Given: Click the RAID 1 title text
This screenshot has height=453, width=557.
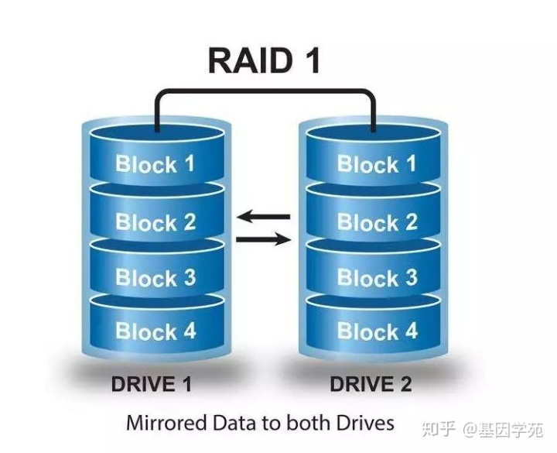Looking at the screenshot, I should [264, 60].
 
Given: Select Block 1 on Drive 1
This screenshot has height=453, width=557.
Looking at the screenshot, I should [155, 164].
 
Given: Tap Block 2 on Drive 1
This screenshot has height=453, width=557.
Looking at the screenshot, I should [155, 222].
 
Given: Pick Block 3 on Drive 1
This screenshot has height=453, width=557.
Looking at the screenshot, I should [155, 277].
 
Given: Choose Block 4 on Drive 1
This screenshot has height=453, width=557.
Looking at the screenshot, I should [155, 331].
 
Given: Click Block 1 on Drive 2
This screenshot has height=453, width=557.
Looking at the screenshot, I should [377, 164].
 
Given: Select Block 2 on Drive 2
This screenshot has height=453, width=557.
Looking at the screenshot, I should [377, 222].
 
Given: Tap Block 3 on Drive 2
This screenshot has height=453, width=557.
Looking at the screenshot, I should [377, 277].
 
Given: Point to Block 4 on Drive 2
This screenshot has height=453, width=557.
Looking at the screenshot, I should [377, 331].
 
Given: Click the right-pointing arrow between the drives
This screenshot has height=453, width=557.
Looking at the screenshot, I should [263, 239].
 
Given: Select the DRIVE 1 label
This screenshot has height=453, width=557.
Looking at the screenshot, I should [152, 384].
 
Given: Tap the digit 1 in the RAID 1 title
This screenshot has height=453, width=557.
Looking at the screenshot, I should [310, 60].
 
